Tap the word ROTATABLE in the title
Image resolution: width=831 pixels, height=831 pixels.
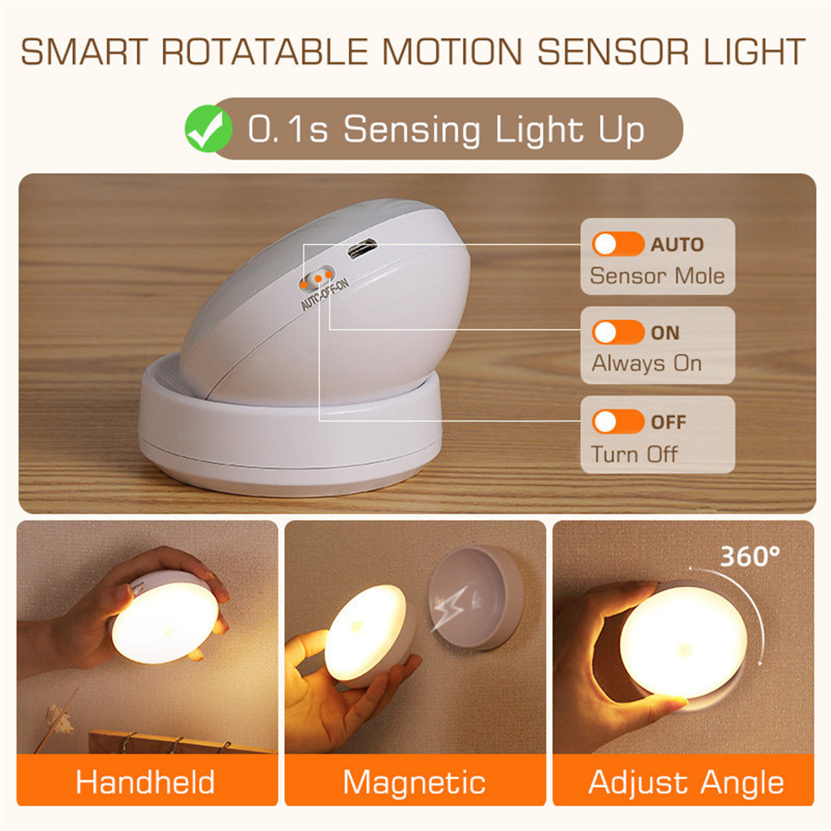pos(263,51)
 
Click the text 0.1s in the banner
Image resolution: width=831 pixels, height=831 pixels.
pos(288,130)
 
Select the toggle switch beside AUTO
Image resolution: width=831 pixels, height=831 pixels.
pos(617,244)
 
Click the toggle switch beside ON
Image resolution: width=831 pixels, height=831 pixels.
pos(617,332)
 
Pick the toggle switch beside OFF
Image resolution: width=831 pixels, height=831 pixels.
pos(617,421)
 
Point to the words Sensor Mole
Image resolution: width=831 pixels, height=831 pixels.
pos(656,276)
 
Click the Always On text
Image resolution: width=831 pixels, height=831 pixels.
pos(647,364)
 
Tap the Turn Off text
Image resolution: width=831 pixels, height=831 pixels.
pos(634,454)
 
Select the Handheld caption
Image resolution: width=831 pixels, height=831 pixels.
pos(145,782)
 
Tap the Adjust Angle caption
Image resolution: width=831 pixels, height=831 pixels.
pos(686,782)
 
